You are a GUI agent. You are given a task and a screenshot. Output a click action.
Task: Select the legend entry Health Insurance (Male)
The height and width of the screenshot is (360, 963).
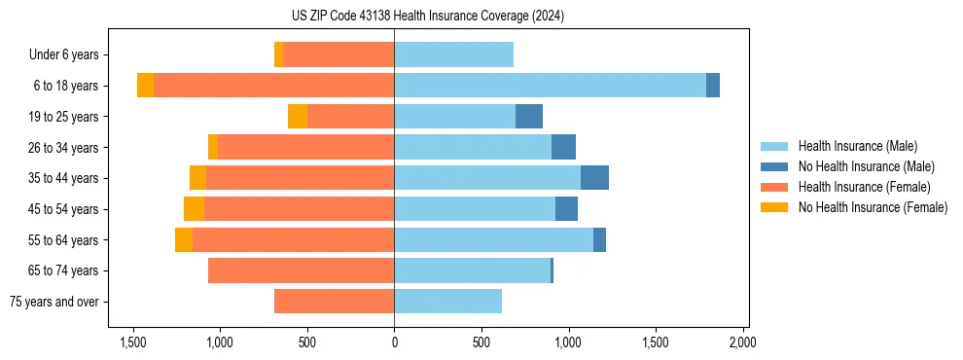tap(857, 146)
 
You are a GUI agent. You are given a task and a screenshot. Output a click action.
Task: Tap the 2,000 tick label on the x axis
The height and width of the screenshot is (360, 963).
tap(742, 342)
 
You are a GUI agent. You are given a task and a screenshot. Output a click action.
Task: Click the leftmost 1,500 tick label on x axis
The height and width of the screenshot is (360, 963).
tap(132, 342)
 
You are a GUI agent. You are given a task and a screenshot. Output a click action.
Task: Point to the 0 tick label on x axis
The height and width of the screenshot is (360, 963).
tap(394, 342)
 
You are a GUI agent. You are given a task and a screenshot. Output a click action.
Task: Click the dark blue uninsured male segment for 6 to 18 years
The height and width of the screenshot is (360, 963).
tap(713, 86)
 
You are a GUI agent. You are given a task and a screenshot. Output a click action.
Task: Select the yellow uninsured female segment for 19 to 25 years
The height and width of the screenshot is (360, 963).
tap(298, 117)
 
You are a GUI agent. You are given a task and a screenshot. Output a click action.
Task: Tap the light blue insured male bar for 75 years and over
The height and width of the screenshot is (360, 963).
tap(447, 302)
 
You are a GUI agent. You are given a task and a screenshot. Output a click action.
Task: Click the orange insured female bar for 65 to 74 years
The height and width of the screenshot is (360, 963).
tap(302, 270)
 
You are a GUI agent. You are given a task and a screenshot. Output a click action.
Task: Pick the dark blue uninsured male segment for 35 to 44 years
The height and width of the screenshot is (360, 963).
tap(594, 178)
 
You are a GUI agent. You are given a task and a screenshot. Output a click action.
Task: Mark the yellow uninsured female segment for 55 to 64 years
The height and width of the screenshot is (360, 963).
tap(184, 239)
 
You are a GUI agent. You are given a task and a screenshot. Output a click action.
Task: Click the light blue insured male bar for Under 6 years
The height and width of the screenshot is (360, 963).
tap(453, 55)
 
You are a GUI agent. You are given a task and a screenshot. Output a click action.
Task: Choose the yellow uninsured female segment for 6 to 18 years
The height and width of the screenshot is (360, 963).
tap(145, 86)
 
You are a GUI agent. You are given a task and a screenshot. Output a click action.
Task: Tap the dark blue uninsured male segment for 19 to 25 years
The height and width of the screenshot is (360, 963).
tap(529, 117)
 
